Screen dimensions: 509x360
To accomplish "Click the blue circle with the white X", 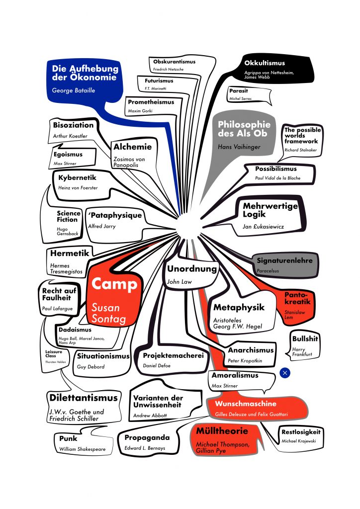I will (285, 373).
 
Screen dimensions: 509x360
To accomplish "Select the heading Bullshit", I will (305, 339).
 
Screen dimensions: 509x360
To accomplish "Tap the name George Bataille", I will (74, 90).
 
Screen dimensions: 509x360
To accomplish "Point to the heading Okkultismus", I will (265, 63).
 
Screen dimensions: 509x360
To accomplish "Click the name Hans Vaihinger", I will (239, 147).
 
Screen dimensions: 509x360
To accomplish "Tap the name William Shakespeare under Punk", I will (82, 449).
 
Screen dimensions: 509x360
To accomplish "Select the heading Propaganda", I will (147, 438).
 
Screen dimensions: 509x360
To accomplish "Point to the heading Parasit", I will (238, 91).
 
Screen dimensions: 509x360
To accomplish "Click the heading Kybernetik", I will (77, 177).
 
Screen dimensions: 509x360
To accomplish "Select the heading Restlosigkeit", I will (301, 431).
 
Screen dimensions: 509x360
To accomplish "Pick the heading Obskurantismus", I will (174, 62).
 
